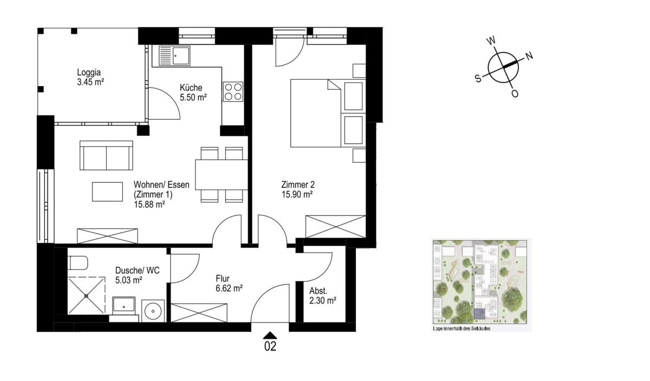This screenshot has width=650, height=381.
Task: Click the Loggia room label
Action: (x=89, y=72)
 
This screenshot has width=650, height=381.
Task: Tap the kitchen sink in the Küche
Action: (x=174, y=55)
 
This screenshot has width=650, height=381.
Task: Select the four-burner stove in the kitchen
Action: (x=233, y=91)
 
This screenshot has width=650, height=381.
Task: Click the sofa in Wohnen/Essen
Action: (x=106, y=155)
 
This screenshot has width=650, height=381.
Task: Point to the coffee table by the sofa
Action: (x=107, y=192)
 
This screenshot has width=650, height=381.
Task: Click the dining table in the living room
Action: (x=222, y=175)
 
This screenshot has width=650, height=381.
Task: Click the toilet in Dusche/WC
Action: (x=77, y=262)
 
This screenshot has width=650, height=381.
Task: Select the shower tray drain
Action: (x=86, y=295)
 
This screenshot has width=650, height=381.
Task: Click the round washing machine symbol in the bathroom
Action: (x=153, y=311)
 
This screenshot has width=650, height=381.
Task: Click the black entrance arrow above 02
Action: (x=270, y=335)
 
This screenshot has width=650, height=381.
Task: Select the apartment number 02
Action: (x=270, y=346)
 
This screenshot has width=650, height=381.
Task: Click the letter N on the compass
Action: (x=529, y=56)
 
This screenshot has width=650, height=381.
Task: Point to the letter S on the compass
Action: (x=478, y=78)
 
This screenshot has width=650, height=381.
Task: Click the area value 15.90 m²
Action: (x=297, y=194)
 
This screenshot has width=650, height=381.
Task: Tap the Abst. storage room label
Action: (x=318, y=291)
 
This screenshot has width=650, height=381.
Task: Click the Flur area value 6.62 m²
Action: (x=229, y=288)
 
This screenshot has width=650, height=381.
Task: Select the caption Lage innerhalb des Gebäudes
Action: (x=461, y=329)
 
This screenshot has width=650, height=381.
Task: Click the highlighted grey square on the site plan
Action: (x=480, y=314)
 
